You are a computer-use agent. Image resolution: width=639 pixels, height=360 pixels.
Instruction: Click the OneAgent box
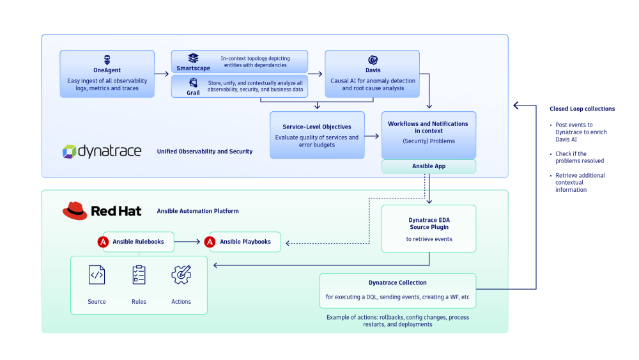click(107, 74)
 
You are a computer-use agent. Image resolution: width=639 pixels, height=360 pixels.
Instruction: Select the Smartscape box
click(239, 61)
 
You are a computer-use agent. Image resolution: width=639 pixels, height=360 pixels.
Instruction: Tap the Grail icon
click(192, 83)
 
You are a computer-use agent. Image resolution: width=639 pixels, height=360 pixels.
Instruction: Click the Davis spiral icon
click(373, 59)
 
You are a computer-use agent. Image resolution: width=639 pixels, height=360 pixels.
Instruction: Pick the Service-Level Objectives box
click(317, 135)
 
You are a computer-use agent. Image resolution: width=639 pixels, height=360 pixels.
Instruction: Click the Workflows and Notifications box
click(428, 135)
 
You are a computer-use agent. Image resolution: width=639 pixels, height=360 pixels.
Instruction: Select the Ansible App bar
click(428, 166)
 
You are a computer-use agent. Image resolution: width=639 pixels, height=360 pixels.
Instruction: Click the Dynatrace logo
click(103, 151)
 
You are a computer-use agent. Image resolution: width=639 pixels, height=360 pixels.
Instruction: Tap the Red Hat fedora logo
click(75, 210)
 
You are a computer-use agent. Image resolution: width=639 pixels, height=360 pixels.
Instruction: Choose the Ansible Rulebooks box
click(138, 242)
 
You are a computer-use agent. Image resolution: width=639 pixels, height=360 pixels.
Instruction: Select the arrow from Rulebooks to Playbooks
click(188, 242)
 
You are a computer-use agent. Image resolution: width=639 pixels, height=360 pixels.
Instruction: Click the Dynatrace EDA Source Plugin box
click(428, 228)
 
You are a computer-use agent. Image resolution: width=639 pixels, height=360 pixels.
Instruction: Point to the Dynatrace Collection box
click(397, 290)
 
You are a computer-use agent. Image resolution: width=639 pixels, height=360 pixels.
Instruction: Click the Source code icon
click(96, 275)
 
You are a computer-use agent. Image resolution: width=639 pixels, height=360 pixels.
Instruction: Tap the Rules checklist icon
click(139, 275)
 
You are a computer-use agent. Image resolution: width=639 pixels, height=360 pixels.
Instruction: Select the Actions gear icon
click(181, 275)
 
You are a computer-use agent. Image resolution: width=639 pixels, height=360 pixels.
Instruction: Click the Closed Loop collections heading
click(582, 109)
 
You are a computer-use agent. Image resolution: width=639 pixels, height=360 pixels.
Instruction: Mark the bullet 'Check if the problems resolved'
click(579, 157)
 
